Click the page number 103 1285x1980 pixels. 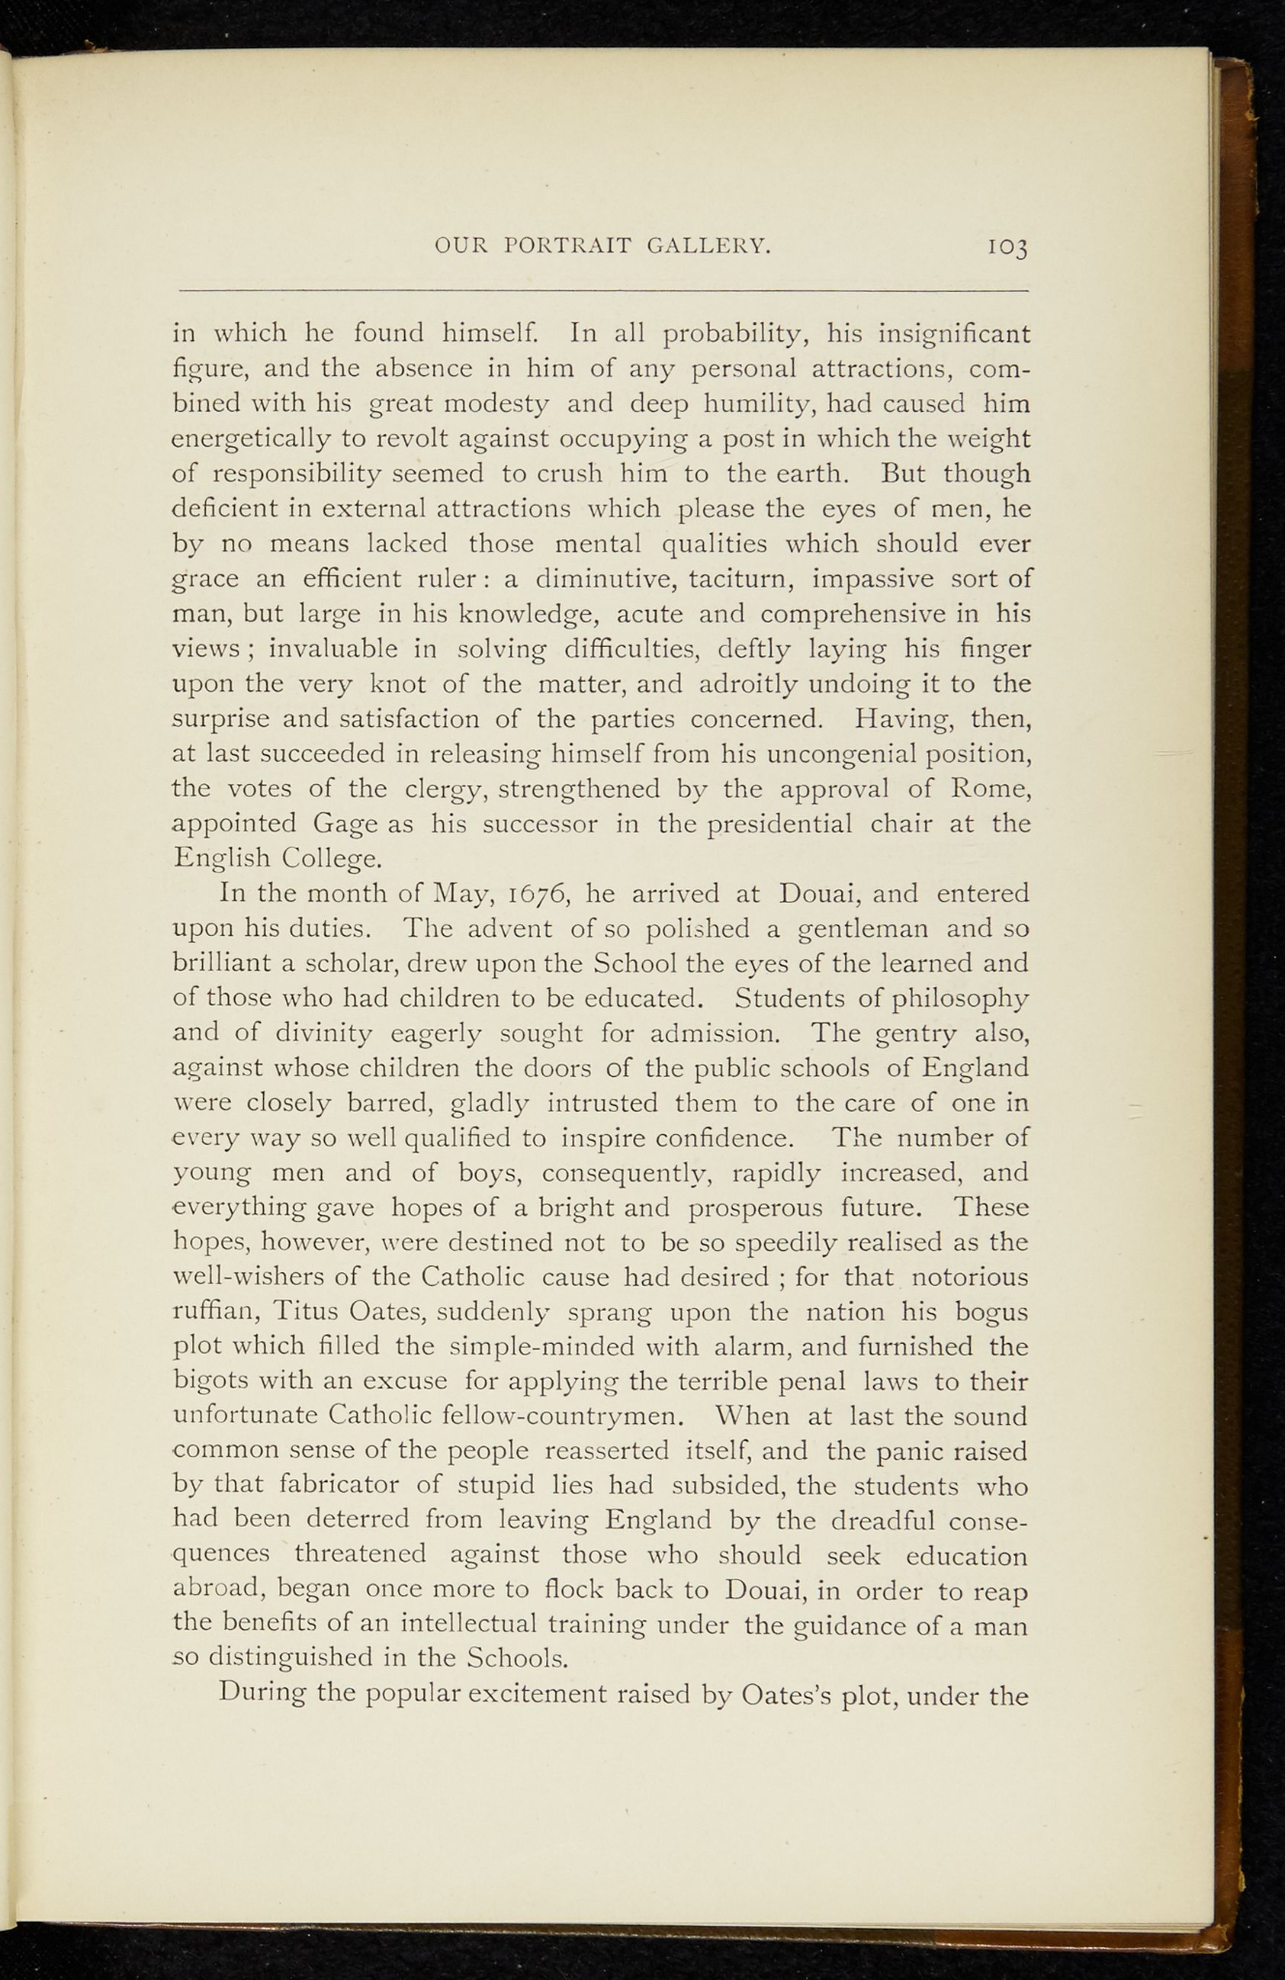[1007, 247]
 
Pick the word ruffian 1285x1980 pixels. [215, 1313]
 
